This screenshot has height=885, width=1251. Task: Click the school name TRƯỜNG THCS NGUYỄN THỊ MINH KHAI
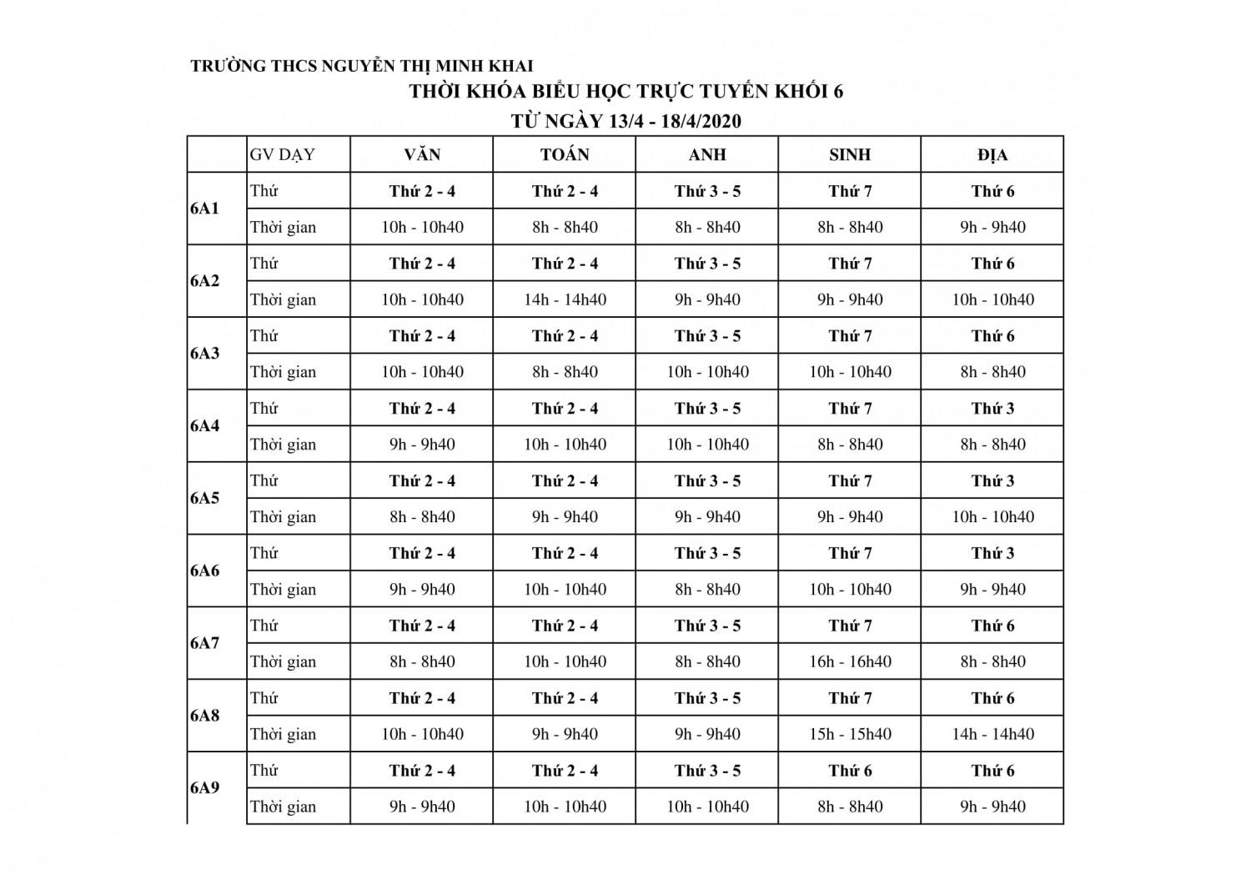pos(361,66)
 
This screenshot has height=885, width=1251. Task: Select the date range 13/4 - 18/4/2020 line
pos(625,122)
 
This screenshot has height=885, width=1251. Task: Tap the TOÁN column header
pos(565,154)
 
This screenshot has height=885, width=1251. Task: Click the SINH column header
pos(850,154)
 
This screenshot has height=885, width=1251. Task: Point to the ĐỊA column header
pos(992,154)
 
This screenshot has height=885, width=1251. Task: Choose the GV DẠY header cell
pos(283,154)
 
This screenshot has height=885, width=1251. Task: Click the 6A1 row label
pos(205,209)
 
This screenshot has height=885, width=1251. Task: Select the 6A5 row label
pos(205,498)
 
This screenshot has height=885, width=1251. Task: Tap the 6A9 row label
pos(205,787)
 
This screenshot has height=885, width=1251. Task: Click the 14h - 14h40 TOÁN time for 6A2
pos(565,299)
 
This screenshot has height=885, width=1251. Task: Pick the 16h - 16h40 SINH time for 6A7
pos(850,661)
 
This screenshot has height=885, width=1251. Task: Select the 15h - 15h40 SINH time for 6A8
pos(850,734)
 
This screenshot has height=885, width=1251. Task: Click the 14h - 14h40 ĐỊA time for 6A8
pos(992,734)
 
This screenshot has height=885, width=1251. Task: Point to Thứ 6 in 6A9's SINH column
pos(850,771)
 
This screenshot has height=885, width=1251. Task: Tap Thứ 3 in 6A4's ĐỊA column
pos(992,409)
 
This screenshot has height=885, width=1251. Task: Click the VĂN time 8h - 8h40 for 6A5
pos(422,517)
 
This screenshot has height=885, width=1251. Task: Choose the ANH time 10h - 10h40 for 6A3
pos(707,372)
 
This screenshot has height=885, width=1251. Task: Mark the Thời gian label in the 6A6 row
pos(284,590)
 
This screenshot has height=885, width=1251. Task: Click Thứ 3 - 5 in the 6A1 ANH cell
pos(707,191)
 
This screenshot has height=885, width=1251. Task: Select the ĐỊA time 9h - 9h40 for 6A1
pos(992,227)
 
